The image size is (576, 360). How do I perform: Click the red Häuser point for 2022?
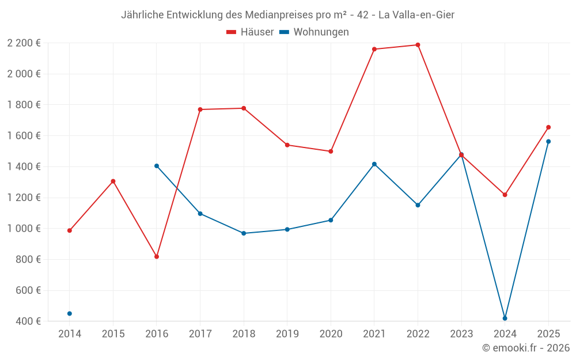(x=418, y=45)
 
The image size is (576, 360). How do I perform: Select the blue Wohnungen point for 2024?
(x=505, y=319)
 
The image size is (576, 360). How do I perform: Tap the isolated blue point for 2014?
(x=70, y=314)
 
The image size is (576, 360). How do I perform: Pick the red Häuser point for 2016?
(x=157, y=257)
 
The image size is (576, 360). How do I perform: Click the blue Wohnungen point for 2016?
(x=157, y=166)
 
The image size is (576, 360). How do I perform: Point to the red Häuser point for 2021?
(x=374, y=50)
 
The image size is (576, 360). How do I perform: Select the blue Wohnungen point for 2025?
(x=548, y=142)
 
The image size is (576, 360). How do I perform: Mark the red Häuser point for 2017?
(x=200, y=109)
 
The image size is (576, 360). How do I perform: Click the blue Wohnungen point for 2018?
(x=244, y=233)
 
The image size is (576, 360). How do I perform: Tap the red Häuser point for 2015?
(x=113, y=181)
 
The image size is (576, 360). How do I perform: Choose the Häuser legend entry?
(x=250, y=32)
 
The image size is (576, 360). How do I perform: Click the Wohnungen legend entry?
(x=314, y=32)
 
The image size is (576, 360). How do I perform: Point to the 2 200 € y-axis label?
(x=24, y=43)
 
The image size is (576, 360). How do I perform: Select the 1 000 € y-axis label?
(x=24, y=229)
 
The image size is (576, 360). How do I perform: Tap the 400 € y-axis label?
(x=27, y=321)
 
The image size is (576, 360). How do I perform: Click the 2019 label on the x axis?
(x=287, y=334)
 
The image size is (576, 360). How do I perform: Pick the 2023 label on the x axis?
(x=461, y=334)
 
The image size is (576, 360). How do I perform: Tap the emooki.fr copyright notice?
(x=526, y=348)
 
